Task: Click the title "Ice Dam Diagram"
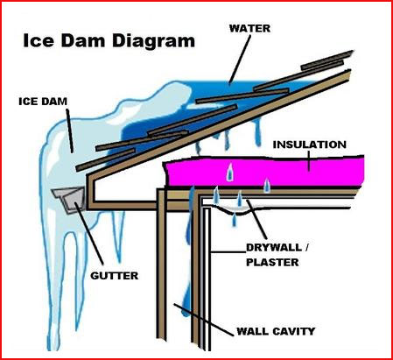[109, 41]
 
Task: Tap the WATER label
[249, 28]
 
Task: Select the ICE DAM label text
[43, 102]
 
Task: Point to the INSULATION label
[310, 145]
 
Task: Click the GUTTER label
[115, 276]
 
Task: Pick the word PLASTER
[272, 262]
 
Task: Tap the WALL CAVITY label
[276, 331]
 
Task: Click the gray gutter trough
[69, 199]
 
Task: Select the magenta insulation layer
[264, 172]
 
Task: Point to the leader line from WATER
[240, 60]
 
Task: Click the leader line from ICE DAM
[70, 131]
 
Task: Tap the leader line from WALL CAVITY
[203, 320]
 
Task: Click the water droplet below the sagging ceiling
[234, 220]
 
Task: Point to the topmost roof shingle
[326, 60]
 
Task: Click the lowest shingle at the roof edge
[105, 159]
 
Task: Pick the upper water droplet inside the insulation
[230, 172]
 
